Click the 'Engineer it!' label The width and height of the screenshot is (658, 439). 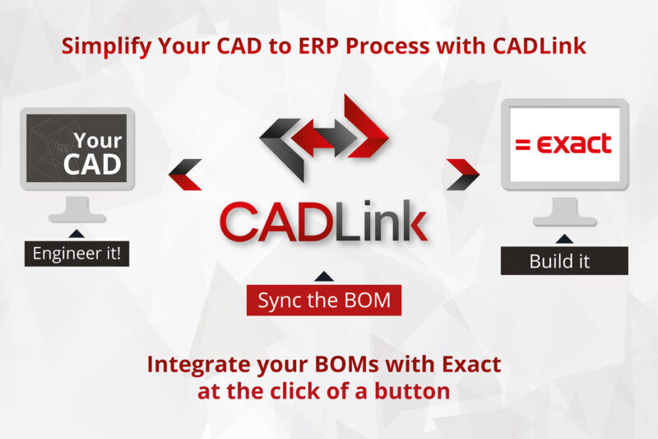[x=76, y=254]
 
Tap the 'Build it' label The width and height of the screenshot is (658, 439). [x=564, y=261]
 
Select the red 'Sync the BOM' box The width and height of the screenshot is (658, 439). [x=324, y=300]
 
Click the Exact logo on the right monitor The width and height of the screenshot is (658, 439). [x=563, y=143]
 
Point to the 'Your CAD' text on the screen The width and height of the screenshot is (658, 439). [x=93, y=153]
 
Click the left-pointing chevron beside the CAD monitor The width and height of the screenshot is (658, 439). [x=185, y=175]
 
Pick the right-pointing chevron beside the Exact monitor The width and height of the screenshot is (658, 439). [x=462, y=175]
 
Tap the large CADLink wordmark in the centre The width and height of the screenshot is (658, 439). [x=324, y=222]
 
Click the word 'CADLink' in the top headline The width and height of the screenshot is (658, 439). [x=540, y=45]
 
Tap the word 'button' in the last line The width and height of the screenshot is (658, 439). [x=412, y=391]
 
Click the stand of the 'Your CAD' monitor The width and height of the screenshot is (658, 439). [x=77, y=209]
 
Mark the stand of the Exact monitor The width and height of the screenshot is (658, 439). [x=564, y=212]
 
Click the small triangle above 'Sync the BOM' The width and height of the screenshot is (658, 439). [x=324, y=277]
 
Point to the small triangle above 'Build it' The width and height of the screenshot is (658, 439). [x=564, y=239]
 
